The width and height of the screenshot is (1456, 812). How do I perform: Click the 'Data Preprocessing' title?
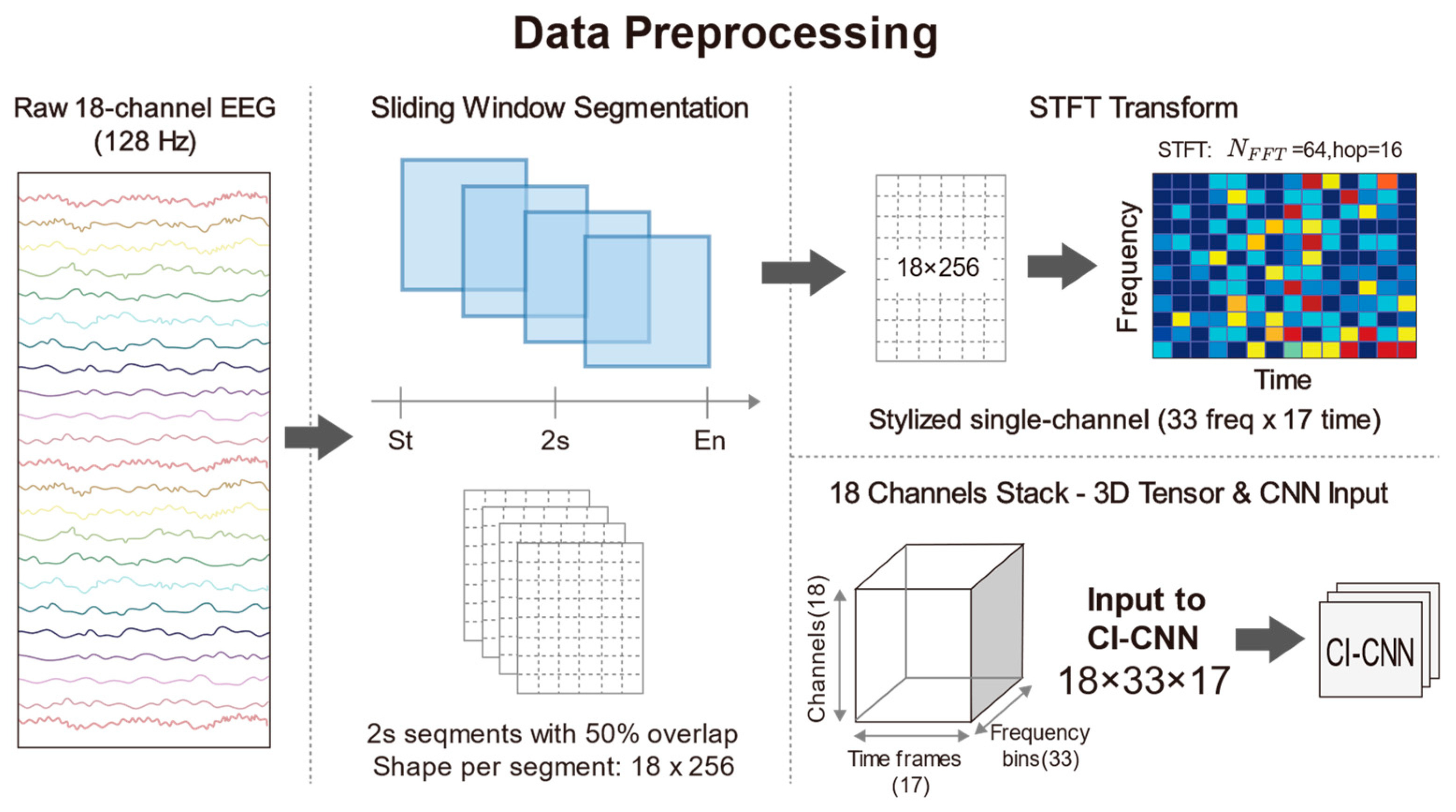click(726, 34)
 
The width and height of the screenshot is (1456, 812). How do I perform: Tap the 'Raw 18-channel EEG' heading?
click(145, 108)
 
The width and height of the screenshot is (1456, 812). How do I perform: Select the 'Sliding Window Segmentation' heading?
click(559, 108)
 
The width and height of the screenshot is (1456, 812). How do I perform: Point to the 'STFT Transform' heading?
click(1133, 108)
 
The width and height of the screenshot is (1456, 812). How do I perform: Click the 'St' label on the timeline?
click(400, 441)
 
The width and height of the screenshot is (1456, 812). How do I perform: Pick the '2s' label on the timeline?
click(555, 441)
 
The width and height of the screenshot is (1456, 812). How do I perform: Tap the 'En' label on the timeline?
click(710, 441)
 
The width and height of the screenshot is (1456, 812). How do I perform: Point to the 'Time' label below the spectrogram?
click(1283, 380)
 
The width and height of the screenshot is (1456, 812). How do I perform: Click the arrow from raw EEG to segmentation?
click(318, 437)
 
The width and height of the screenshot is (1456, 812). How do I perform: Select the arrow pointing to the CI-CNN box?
click(1269, 639)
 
